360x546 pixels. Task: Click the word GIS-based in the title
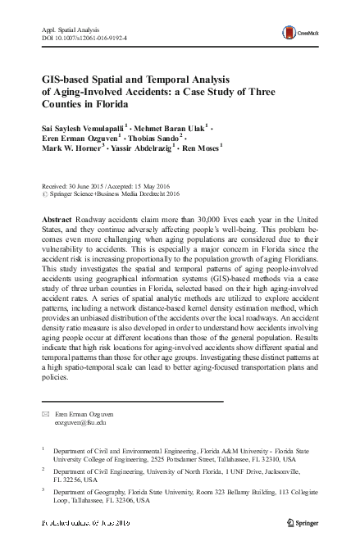pyautogui.click(x=70, y=80)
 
